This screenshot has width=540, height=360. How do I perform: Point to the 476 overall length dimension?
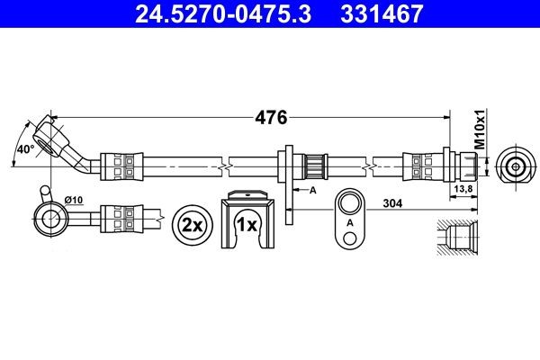click(271, 118)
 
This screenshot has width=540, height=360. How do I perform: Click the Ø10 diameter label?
click(75, 198)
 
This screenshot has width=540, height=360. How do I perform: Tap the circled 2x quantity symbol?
click(190, 224)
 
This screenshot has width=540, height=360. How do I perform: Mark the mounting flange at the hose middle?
click(290, 166)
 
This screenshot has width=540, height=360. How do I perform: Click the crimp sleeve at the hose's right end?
click(419, 166)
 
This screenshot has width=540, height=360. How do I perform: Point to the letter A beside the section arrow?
click(312, 191)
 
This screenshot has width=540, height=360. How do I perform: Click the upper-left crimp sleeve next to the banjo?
click(120, 166)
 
